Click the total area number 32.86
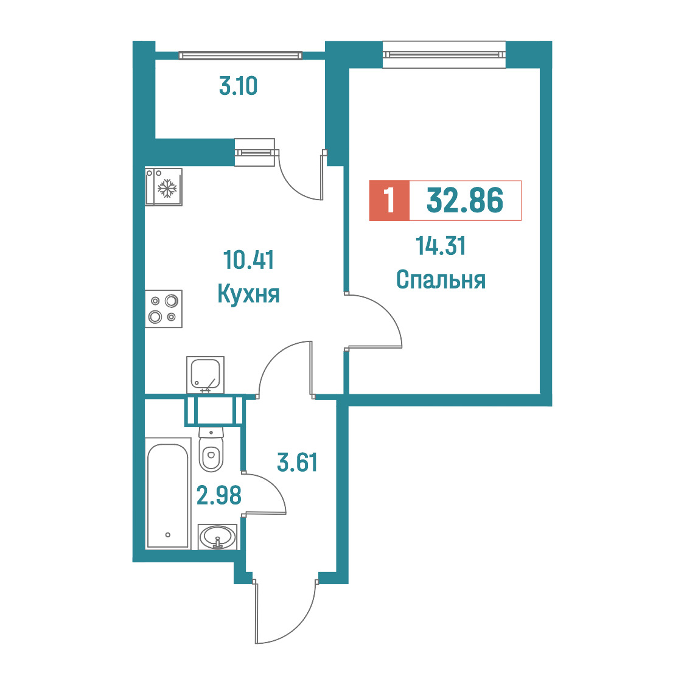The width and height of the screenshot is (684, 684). [464, 200]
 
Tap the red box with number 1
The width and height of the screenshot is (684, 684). [389, 200]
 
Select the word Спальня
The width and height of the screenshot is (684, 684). [441, 279]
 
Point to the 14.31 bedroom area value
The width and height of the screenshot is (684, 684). [441, 246]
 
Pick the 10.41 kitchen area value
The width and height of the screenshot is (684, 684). [248, 260]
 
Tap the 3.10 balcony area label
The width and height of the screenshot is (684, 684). [238, 86]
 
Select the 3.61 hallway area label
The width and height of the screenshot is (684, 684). [297, 462]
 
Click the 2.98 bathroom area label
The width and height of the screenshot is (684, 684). [219, 495]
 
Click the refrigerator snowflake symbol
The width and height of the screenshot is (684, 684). [167, 188]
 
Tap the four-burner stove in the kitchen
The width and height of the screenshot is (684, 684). [164, 309]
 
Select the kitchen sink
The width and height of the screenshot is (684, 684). [206, 375]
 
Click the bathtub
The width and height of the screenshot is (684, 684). [168, 493]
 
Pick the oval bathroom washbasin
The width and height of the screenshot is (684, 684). [217, 537]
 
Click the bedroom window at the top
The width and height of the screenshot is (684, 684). [444, 55]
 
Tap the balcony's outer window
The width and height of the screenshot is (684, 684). [240, 55]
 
